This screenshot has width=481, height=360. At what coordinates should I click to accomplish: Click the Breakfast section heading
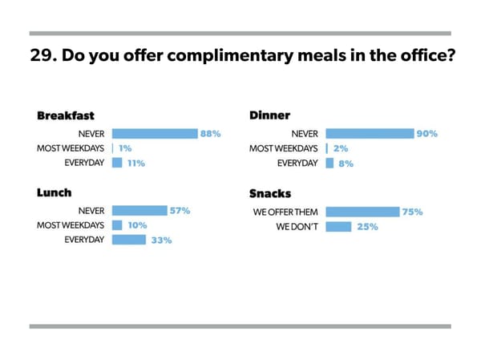point(65,115)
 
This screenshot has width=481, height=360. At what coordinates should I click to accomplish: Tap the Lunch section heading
point(54,192)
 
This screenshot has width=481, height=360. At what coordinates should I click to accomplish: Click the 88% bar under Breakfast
point(154,134)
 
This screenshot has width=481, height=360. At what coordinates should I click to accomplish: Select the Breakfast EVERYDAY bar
point(117,163)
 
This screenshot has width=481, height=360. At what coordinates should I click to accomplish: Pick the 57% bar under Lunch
point(139,211)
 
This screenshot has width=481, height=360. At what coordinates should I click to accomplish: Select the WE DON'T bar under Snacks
point(338,226)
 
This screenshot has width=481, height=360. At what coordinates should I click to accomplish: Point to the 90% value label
point(426,134)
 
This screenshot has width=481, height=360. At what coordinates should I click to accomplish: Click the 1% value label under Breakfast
point(125,148)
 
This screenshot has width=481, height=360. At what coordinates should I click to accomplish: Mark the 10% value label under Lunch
point(136,225)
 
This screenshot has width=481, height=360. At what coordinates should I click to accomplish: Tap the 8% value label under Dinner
point(346,163)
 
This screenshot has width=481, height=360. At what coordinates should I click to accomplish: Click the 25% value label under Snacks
point(368,227)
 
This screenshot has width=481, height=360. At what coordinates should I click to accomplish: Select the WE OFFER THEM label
point(286,212)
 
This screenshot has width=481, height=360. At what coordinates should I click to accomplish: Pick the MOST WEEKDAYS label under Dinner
point(284,148)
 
